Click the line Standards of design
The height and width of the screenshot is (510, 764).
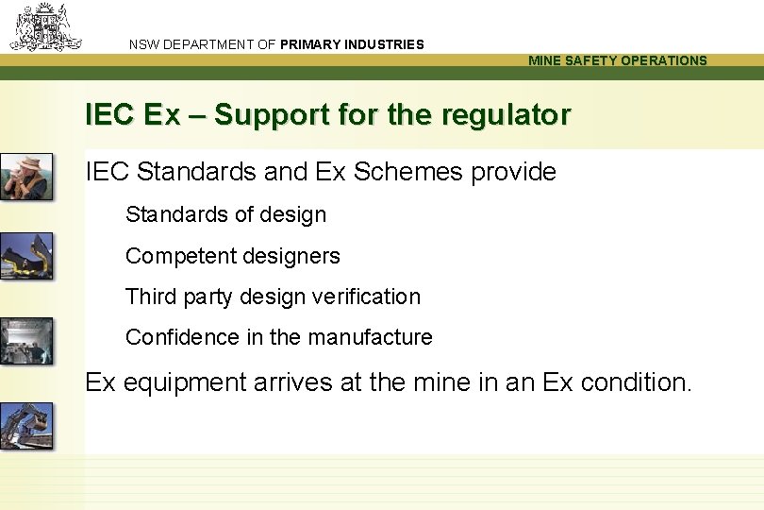click(x=225, y=214)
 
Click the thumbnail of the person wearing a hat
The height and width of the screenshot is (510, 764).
click(x=26, y=177)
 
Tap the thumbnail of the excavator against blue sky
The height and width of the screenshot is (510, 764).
click(x=26, y=425)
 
